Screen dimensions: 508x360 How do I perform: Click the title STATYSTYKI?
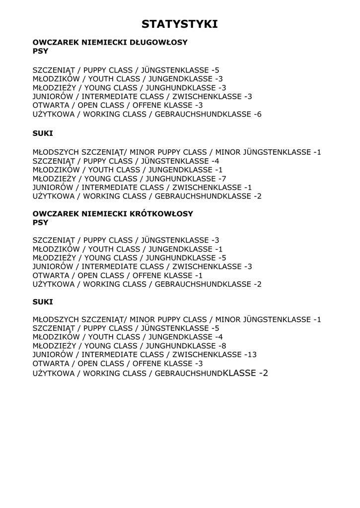pos(180,24)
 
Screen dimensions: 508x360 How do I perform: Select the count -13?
pos(251,355)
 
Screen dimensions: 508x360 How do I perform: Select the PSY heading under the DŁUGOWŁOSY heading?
pos(40,52)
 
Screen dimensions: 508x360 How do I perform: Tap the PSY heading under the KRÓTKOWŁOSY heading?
pos(40,223)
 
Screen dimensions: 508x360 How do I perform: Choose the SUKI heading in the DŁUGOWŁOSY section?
pos(43,133)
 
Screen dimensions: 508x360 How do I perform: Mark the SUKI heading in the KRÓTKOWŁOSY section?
pos(43,302)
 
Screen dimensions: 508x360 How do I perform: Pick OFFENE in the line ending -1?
pos(146,276)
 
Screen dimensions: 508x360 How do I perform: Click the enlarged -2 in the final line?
pos(263,373)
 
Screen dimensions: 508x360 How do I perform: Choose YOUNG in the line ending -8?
pos(98,346)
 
